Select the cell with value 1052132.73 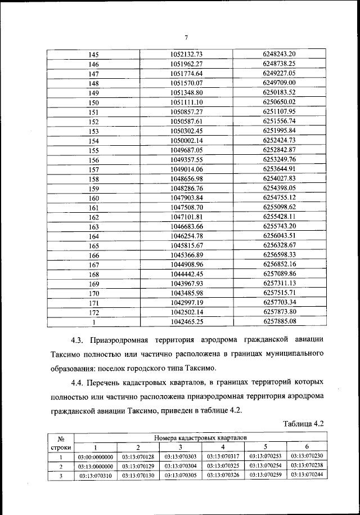[186, 55]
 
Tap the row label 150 [94, 102]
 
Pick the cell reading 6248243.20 [279, 54]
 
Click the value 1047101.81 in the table [186, 217]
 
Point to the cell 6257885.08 [279, 322]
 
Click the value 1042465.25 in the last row [186, 323]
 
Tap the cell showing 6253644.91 [279, 169]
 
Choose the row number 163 [94, 227]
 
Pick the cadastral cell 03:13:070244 [307, 476]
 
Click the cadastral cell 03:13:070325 [222, 467]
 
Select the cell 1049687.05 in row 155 [186, 150]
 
